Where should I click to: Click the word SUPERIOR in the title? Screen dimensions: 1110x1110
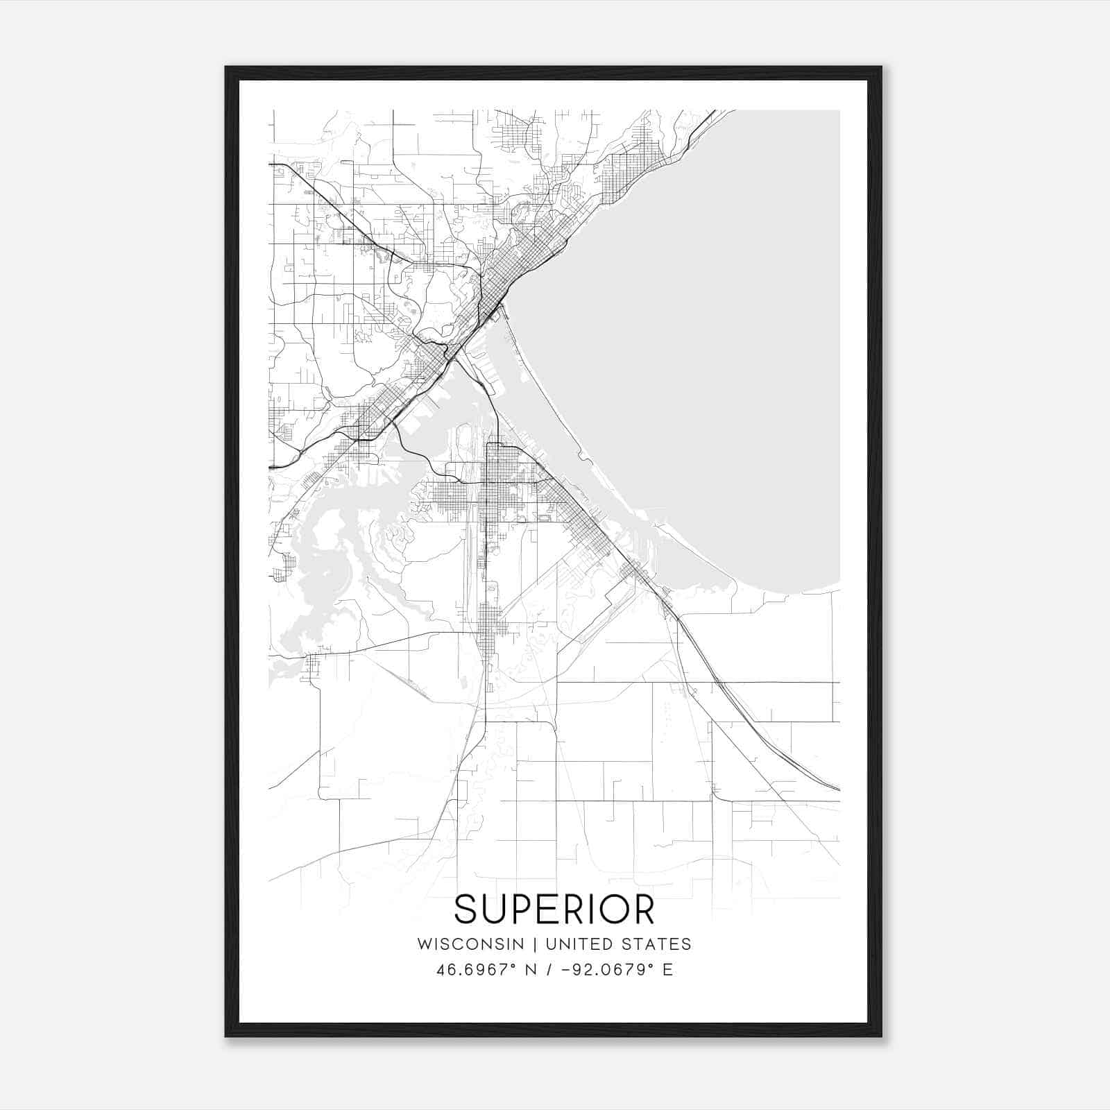554,909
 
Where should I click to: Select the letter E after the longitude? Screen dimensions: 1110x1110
668,969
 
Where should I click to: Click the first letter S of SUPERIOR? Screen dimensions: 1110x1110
467,909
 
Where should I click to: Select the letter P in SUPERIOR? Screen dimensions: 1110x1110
518,909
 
